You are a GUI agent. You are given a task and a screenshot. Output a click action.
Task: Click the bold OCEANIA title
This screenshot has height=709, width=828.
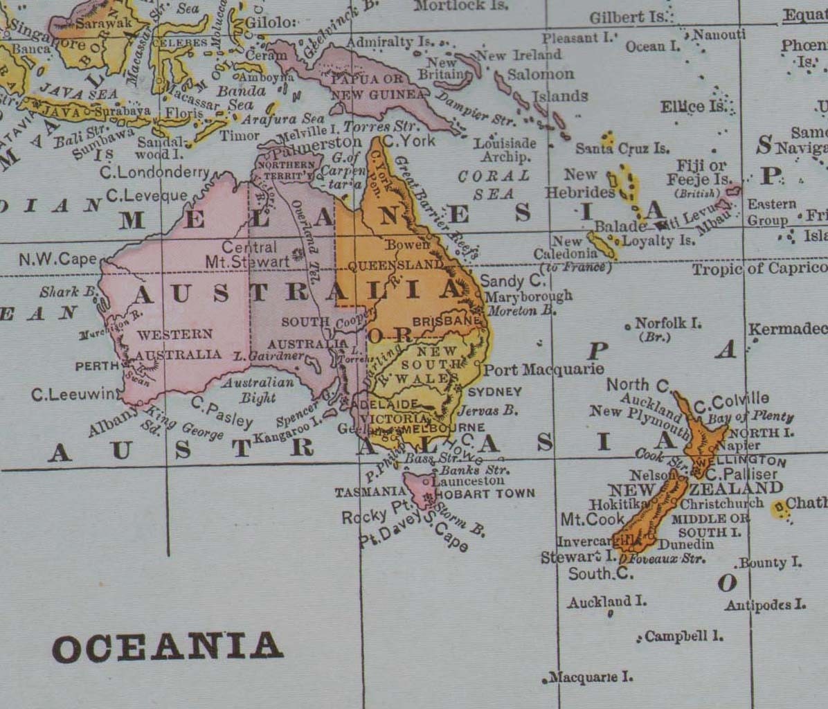(x=168, y=647)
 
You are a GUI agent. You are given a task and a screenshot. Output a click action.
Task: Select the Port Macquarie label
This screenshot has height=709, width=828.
(x=543, y=370)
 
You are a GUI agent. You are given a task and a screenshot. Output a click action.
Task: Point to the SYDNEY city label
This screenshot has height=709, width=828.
(x=494, y=392)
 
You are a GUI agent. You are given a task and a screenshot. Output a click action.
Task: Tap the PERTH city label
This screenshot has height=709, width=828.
(x=97, y=366)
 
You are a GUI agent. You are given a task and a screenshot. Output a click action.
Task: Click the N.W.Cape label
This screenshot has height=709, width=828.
(x=58, y=259)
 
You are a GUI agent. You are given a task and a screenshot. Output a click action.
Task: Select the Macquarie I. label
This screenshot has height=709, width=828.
(x=591, y=676)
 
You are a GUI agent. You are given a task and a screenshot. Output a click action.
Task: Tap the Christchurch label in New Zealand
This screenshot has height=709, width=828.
(x=722, y=504)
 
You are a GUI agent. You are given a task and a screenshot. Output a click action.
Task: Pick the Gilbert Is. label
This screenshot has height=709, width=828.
(x=627, y=17)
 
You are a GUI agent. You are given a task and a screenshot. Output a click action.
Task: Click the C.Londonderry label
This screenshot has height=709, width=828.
(x=154, y=172)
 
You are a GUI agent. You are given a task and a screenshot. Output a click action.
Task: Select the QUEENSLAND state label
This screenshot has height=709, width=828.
(x=395, y=265)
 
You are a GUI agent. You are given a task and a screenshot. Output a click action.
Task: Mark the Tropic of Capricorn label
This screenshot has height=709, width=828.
(x=759, y=269)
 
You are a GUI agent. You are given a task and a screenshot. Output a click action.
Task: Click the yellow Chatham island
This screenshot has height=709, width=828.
(x=780, y=510)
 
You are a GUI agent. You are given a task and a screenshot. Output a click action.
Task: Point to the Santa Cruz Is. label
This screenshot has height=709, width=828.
(x=622, y=148)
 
